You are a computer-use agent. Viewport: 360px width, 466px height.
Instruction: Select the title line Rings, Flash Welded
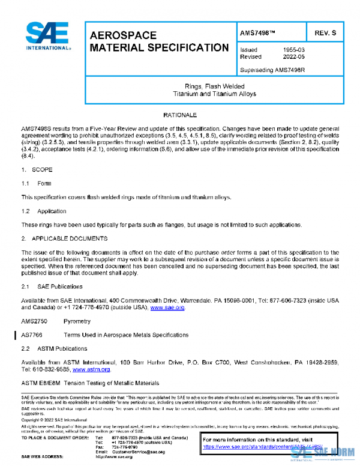tap(213, 86)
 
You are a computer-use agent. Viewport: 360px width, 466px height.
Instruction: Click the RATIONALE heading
tap(180, 114)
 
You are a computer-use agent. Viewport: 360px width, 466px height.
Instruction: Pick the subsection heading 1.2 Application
tap(44, 211)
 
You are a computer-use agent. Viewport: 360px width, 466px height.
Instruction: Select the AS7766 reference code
tap(32, 335)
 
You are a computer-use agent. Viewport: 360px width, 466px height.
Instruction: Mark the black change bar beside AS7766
tap(16, 335)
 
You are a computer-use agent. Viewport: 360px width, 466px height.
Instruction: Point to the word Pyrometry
tap(77, 322)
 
